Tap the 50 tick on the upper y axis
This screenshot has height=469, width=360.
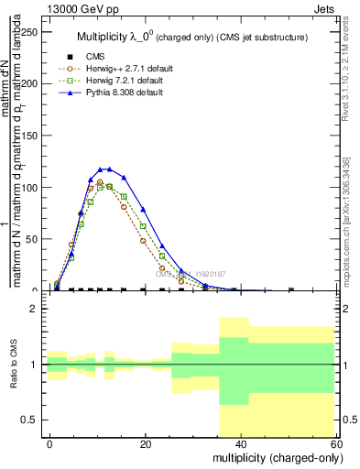(x=34, y=239)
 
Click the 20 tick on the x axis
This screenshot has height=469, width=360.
(x=146, y=444)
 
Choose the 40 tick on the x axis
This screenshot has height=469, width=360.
(x=241, y=444)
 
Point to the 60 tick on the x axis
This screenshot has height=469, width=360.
(x=336, y=444)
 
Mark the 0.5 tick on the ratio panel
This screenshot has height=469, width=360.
(x=32, y=420)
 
